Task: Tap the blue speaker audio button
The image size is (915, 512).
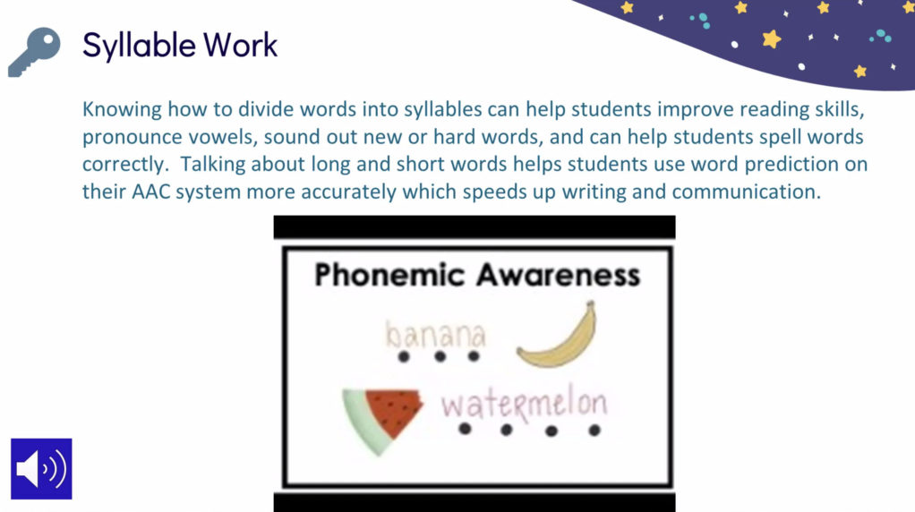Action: pos(41,469)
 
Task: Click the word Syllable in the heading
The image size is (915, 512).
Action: pos(138,47)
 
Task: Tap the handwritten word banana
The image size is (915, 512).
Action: pos(435,335)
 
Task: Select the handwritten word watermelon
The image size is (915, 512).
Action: pos(524,404)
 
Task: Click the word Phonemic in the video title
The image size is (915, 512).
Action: pos(389,275)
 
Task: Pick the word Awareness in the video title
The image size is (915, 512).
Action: pos(559,275)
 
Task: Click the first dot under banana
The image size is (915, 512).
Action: pos(404,357)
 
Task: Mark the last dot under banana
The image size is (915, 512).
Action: pos(474,355)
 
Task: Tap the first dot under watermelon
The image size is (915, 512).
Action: pos(465,429)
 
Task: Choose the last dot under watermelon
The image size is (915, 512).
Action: pos(594,431)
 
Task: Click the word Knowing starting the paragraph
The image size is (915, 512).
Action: pos(122,110)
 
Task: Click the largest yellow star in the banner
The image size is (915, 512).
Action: pos(772,39)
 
